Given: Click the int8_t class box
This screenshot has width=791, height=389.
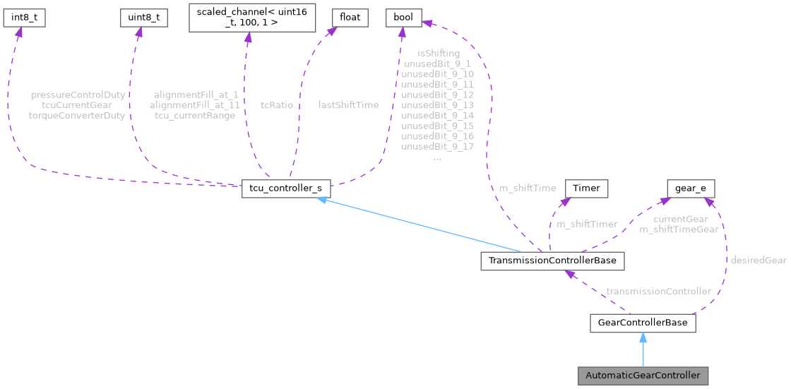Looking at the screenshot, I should pos(24,18).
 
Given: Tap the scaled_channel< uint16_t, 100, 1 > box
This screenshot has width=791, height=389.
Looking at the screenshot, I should pos(251,18).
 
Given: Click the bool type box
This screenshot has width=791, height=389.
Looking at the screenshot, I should pos(403,18).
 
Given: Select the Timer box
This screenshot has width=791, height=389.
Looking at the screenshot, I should pos(585,188).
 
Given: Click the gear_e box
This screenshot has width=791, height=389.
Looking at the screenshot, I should pos(691,188).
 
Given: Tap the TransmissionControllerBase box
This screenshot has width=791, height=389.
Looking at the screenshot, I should pos(551,261).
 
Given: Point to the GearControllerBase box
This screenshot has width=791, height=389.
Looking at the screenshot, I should pos(643,323).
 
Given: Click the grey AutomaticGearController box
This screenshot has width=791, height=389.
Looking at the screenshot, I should pos(643,375).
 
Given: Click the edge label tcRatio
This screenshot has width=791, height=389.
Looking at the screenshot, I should pos(277,104).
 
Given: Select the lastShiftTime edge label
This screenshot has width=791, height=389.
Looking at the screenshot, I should pos(348,104).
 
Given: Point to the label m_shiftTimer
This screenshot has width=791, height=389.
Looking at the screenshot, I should pos(587,224).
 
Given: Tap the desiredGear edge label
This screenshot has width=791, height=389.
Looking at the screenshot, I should pos(758,260).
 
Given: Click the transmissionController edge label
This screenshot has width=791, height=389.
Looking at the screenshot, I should pos(658,291).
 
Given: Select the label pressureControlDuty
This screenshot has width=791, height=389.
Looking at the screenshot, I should pos(78,94).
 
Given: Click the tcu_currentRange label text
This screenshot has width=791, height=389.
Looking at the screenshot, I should pos(195,115).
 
